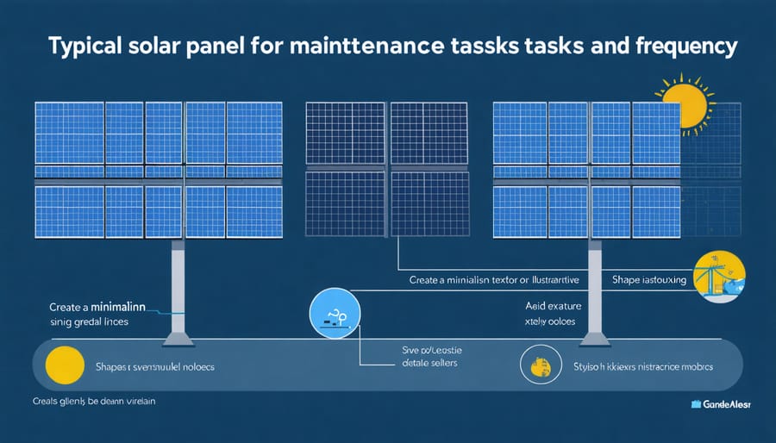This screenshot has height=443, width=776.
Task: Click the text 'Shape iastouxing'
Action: [648, 278]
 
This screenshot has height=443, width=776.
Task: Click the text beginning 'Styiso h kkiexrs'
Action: [644, 366]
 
